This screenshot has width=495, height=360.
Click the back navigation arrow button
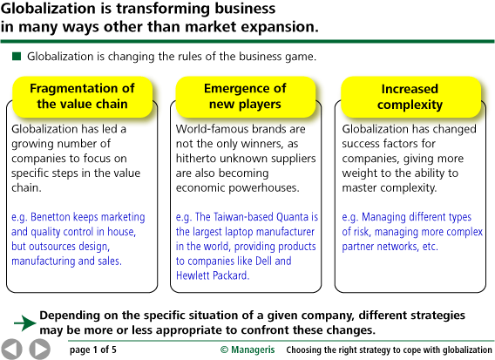click(x=11, y=350)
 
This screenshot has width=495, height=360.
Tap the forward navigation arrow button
click(x=40, y=350)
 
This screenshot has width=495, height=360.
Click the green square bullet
click(x=17, y=57)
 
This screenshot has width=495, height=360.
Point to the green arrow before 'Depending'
click(x=25, y=323)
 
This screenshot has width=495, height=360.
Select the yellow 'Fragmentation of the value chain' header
click(x=83, y=96)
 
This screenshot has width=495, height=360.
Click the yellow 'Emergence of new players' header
click(x=245, y=96)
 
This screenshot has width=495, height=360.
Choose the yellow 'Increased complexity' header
click(x=410, y=96)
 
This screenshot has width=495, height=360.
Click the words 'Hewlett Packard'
click(x=213, y=275)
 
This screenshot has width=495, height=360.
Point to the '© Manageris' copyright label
click(x=247, y=350)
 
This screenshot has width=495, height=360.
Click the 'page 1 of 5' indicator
click(x=93, y=350)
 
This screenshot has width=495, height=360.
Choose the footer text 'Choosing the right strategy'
click(x=338, y=350)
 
